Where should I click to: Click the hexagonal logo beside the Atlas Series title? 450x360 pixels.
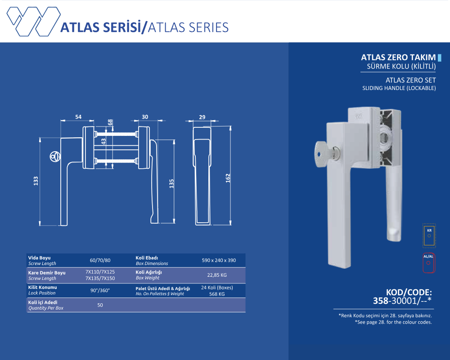34,22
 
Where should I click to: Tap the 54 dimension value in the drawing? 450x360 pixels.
78,117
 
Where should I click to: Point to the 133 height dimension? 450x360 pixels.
36,181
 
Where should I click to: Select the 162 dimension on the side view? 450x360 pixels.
228,178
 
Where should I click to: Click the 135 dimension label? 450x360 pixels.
171,184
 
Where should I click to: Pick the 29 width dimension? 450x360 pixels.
202,117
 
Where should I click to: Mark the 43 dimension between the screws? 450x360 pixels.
103,141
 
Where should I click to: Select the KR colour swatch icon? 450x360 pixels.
429,235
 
